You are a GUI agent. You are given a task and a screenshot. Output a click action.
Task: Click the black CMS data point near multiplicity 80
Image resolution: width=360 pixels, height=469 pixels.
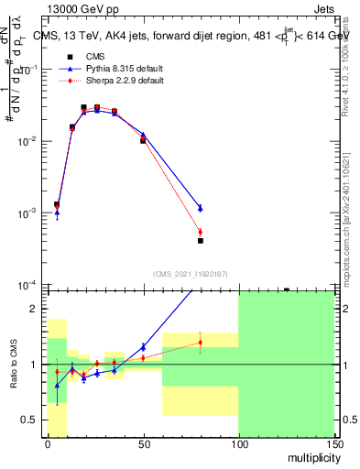[200, 241]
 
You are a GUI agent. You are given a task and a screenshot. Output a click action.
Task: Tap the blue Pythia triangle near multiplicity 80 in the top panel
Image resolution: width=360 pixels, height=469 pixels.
[200, 208]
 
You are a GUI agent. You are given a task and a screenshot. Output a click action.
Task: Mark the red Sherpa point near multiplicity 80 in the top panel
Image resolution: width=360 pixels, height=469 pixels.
[200, 232]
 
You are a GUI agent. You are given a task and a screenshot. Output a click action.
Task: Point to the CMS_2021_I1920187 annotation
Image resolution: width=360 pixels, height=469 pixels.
[190, 274]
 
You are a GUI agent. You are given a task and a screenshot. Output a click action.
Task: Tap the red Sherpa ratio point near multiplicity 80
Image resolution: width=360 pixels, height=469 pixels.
[200, 343]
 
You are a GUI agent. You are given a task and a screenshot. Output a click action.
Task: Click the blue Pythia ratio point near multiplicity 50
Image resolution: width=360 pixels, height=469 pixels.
[143, 347]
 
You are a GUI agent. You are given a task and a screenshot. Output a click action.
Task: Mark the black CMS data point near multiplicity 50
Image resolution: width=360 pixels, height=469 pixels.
[143, 141]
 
